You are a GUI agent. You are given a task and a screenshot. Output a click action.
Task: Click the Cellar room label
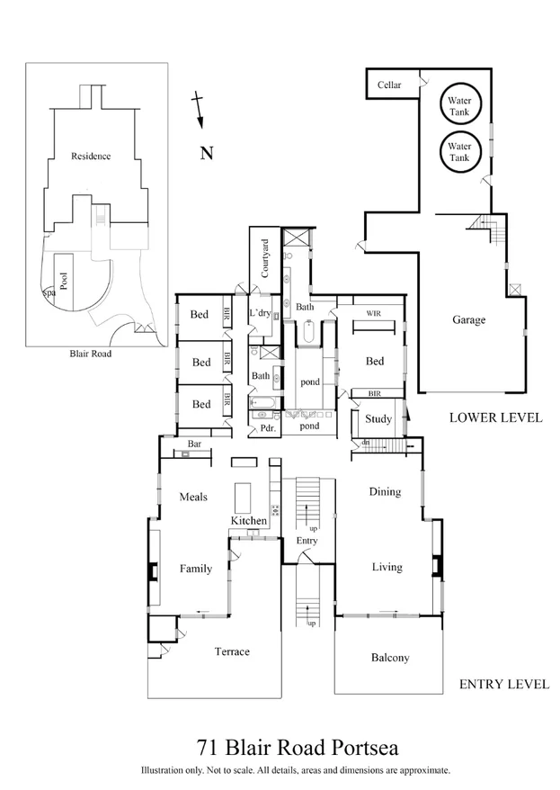[x=389, y=85]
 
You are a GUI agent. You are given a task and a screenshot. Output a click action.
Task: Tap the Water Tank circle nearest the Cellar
[x=459, y=104]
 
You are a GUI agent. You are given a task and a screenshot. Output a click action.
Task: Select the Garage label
[x=468, y=319]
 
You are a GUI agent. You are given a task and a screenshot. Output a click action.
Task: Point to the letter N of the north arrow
[x=206, y=153]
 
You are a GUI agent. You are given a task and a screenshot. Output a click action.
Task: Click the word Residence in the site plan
[x=91, y=156]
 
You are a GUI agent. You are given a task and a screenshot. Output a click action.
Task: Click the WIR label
[x=375, y=314]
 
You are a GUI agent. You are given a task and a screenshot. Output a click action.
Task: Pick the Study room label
[x=377, y=419]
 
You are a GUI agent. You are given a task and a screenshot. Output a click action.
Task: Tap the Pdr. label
[x=267, y=429]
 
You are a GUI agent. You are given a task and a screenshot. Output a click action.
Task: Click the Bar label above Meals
[x=194, y=444]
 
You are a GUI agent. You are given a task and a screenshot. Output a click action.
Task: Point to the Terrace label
[x=232, y=651]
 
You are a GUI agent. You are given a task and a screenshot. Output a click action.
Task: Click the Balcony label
[x=390, y=658]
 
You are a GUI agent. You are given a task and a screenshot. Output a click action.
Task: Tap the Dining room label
[x=386, y=492]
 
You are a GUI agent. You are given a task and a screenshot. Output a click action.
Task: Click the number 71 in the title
[x=207, y=748]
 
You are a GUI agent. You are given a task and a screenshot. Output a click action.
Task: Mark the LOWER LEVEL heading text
[x=495, y=417]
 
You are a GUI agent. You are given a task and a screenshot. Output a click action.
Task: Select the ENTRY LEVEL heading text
[x=503, y=684]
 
